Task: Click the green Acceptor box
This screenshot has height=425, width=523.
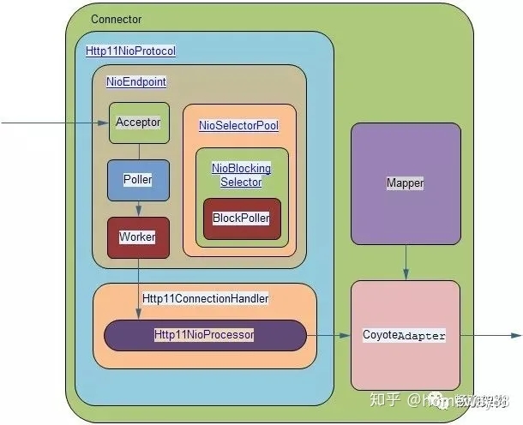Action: pyautogui.click(x=138, y=123)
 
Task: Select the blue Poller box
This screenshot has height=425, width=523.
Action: pyautogui.click(x=138, y=180)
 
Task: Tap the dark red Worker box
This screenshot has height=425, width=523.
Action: pyautogui.click(x=138, y=237)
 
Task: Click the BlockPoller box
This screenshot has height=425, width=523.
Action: pyautogui.click(x=241, y=218)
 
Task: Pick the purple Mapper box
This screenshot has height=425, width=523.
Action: pyautogui.click(x=406, y=183)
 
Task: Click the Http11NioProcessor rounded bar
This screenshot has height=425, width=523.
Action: pyautogui.click(x=205, y=335)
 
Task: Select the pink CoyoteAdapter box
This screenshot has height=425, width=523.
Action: pyautogui.click(x=405, y=335)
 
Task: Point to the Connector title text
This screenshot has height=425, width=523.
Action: pyautogui.click(x=116, y=20)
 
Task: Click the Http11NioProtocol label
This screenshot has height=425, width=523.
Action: pyautogui.click(x=131, y=51)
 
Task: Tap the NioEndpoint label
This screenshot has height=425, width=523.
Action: pyautogui.click(x=135, y=82)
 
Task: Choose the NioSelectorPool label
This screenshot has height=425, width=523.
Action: pyautogui.click(x=238, y=126)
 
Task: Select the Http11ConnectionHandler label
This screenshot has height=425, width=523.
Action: pyautogui.click(x=206, y=298)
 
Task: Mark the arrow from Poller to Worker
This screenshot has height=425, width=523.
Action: pyautogui.click(x=138, y=208)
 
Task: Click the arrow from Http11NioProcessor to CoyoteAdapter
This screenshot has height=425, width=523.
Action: pyautogui.click(x=328, y=335)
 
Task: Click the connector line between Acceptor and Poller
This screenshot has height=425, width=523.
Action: pyautogui.click(x=138, y=152)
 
